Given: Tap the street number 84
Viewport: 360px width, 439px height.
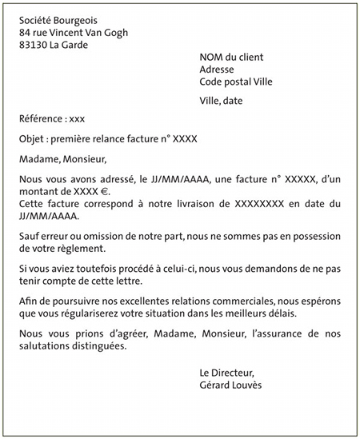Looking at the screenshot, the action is [x=25, y=33].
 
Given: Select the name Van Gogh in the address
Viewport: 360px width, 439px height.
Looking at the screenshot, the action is [x=107, y=33].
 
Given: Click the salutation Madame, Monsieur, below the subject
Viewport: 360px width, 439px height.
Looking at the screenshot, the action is [x=62, y=159].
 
